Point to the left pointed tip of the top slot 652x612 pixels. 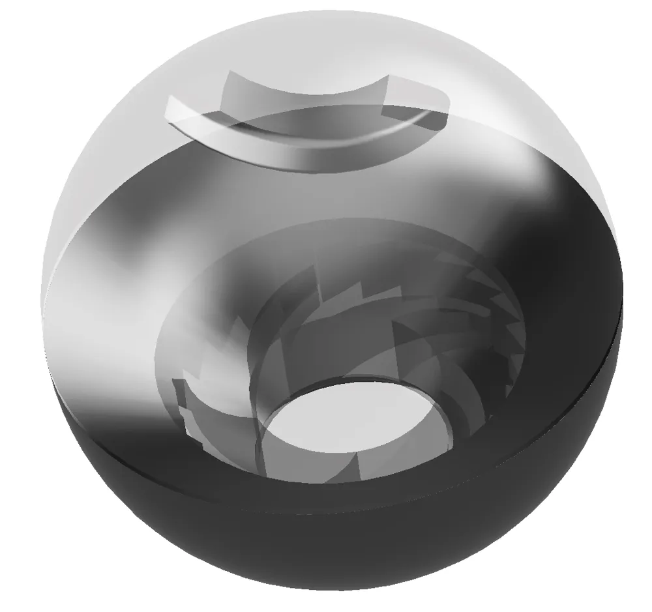point(171,104)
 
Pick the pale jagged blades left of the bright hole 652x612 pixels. point(196,404)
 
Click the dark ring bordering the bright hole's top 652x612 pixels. point(365,381)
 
